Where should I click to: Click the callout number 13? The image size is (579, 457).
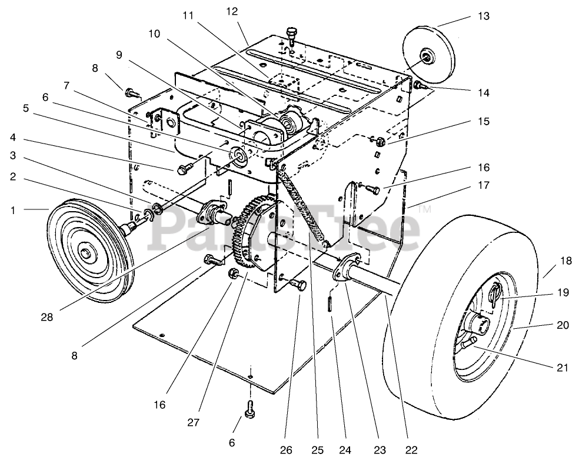(x=483, y=16)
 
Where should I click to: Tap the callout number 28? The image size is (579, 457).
(x=47, y=317)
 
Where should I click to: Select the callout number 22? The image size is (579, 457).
(x=411, y=449)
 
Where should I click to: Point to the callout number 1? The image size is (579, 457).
(x=14, y=211)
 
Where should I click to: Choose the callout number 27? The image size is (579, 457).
(x=193, y=422)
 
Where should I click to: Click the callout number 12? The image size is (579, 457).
(x=232, y=11)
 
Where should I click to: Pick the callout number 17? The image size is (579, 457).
(x=483, y=185)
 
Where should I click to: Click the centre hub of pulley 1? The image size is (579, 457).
(x=87, y=254)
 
